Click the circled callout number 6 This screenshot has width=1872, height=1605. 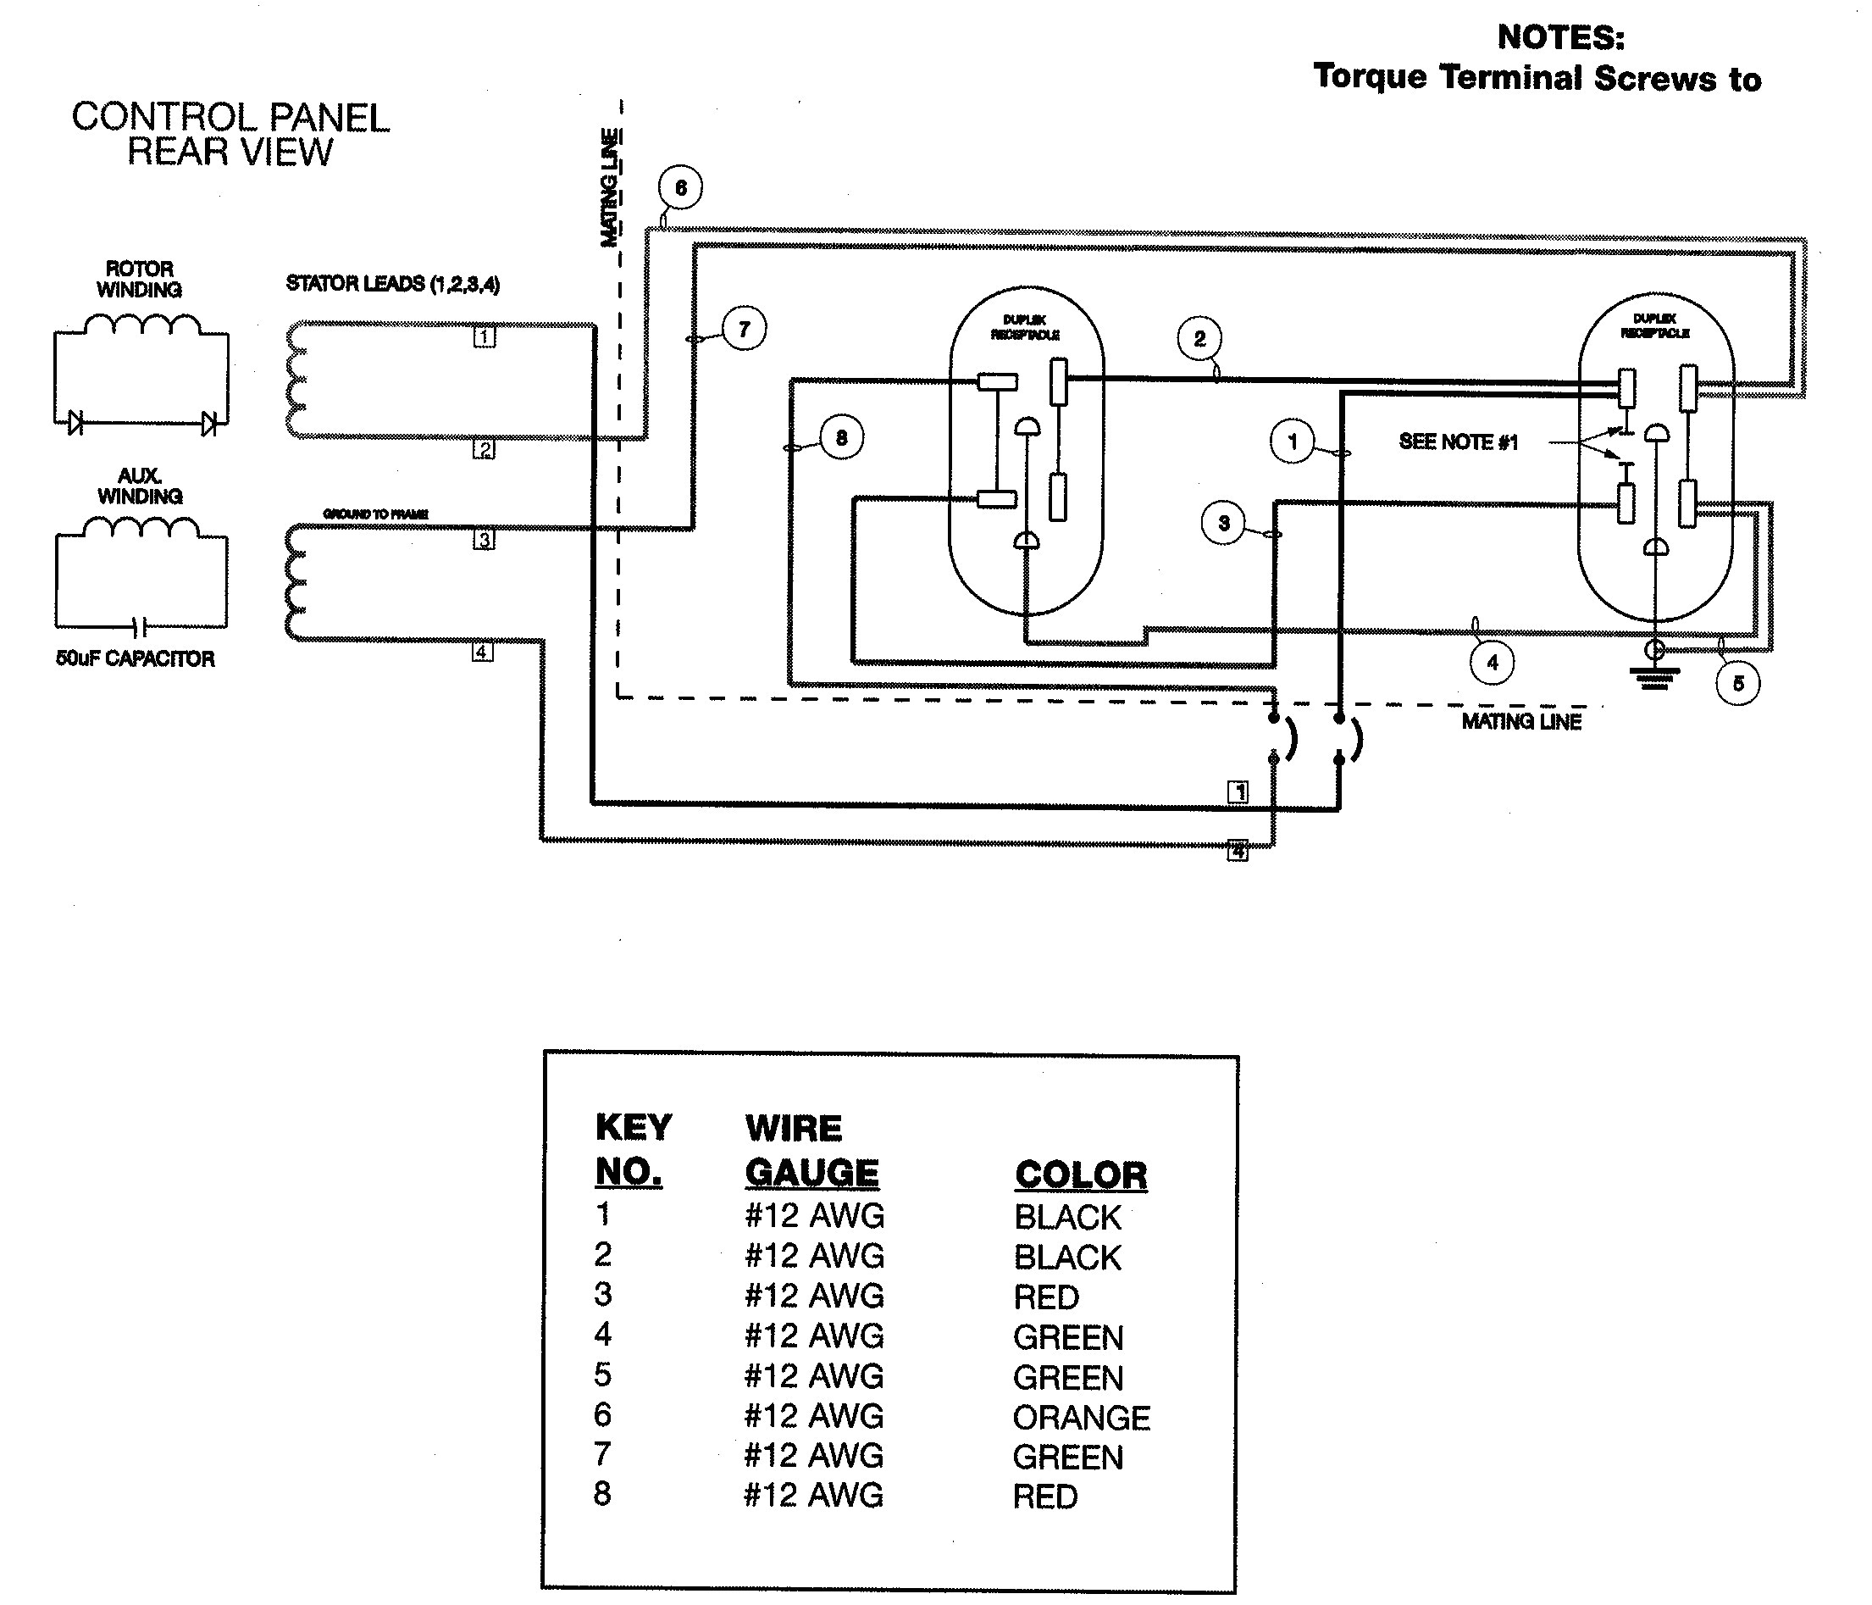(680, 188)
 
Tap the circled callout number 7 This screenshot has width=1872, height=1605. (744, 329)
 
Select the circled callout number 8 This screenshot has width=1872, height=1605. (841, 438)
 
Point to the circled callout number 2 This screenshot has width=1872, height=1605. (1199, 339)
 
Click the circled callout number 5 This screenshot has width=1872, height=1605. (1737, 683)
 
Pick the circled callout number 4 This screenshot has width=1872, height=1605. (1492, 663)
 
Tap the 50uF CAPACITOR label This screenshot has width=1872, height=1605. (136, 658)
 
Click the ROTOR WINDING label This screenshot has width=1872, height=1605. (139, 280)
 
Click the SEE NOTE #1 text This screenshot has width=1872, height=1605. (1458, 442)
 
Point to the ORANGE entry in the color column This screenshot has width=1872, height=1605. (1081, 1418)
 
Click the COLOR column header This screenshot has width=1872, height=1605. (1081, 1175)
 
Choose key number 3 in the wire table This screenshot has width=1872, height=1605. (602, 1294)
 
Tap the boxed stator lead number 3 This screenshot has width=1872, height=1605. (485, 540)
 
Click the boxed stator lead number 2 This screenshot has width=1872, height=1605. (485, 449)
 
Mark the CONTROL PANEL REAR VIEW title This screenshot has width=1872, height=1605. (230, 135)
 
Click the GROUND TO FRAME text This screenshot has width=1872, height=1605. (376, 514)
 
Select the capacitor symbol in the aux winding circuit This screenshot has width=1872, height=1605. (139, 626)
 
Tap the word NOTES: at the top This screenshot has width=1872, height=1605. (1560, 37)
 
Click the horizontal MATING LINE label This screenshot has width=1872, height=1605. (1521, 721)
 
